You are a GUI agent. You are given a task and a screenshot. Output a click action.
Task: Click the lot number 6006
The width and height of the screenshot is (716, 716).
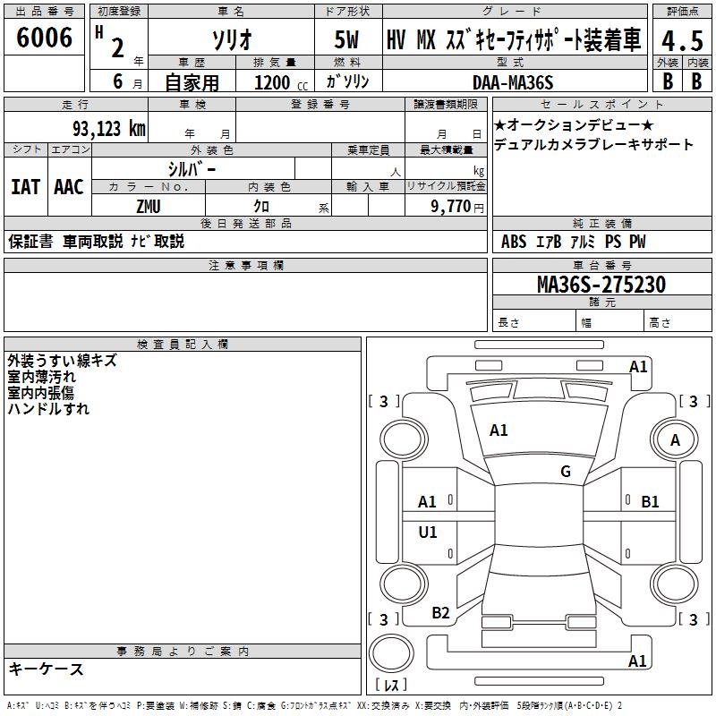tap(45, 38)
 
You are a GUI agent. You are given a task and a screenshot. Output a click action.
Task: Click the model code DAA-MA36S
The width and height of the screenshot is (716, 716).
tap(513, 82)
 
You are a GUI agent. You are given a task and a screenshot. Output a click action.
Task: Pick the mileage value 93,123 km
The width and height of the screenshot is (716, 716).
tap(109, 129)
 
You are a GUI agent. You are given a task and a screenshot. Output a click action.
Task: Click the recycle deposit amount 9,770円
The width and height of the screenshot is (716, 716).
tap(452, 206)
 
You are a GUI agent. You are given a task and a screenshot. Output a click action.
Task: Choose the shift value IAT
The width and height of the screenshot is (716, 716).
tap(25, 187)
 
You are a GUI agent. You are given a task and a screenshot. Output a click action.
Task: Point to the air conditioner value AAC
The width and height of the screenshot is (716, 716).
tap(68, 187)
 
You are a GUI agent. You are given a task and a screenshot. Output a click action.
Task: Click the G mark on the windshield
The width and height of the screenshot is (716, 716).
tap(565, 472)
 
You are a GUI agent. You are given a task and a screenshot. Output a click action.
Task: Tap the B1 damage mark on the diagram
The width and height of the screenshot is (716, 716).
tap(650, 502)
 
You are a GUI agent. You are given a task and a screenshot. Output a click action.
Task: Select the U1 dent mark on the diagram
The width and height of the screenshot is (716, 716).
tap(428, 533)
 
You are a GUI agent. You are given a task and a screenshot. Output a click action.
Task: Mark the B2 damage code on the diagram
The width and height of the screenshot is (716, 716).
tap(440, 613)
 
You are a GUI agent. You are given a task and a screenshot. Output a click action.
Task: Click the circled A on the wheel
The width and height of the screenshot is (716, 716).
tap(675, 440)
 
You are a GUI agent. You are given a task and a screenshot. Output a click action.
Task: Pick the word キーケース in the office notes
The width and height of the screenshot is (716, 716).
tap(46, 669)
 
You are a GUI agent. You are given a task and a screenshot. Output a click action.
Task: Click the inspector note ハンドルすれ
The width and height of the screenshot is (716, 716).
tap(48, 409)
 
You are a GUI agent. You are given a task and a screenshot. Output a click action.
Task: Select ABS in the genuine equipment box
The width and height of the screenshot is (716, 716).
tap(513, 242)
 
